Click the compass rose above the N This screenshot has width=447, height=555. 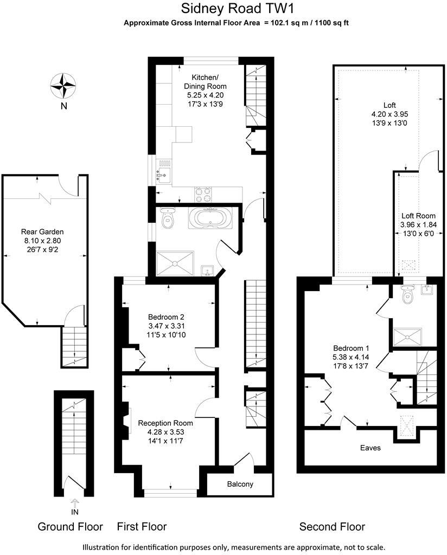pyautogui.click(x=63, y=85)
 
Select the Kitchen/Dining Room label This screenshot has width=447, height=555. pyautogui.click(x=205, y=82)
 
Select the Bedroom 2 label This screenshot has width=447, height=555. pyautogui.click(x=167, y=317)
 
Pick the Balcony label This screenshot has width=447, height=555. pyautogui.click(x=239, y=484)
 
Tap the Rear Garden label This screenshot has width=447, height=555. pyautogui.click(x=43, y=231)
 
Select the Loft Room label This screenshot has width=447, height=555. pyautogui.click(x=418, y=216)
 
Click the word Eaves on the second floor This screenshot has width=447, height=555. pyautogui.click(x=371, y=448)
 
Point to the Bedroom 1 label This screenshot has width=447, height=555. pyautogui.click(x=350, y=348)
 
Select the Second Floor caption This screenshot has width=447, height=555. pyautogui.click(x=333, y=526)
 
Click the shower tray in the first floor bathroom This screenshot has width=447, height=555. pyautogui.click(x=175, y=262)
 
